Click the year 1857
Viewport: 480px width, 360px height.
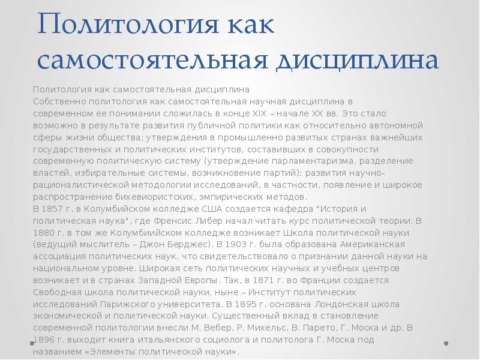pos(55,208)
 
